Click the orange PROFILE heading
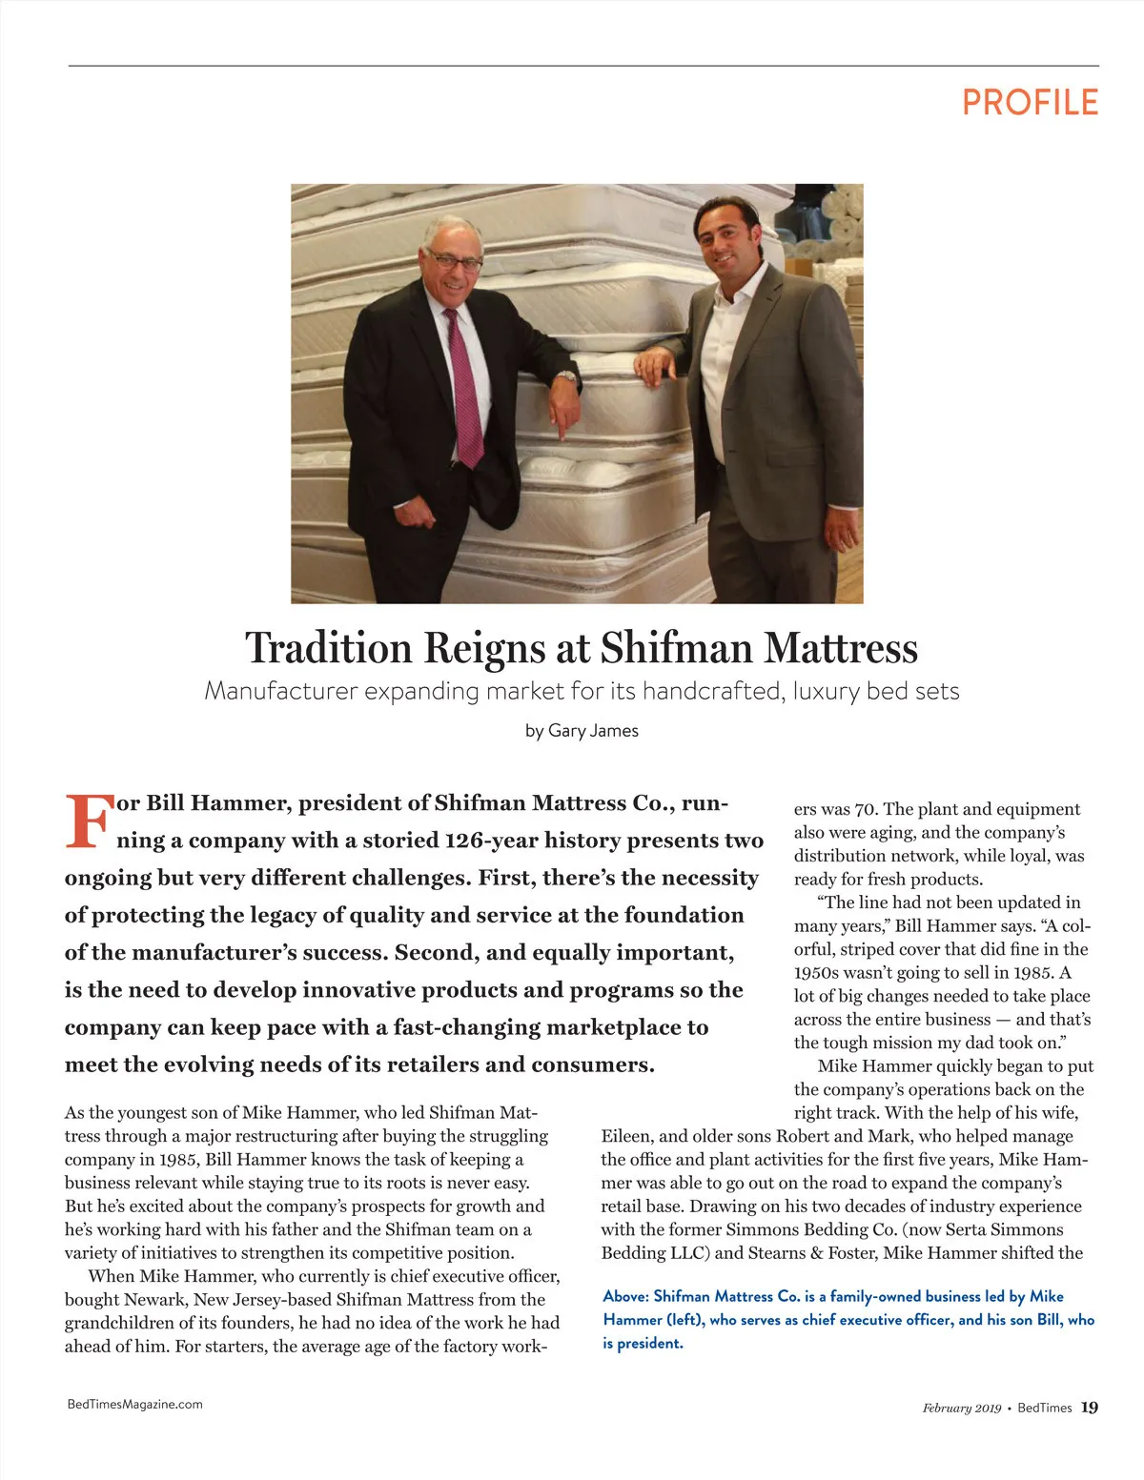tap(1030, 102)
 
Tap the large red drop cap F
tap(87, 821)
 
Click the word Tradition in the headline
tap(328, 648)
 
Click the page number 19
tap(1089, 1408)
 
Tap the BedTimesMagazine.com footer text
tap(134, 1404)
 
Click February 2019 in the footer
tap(961, 1408)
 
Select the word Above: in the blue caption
tap(625, 1296)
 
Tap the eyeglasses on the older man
tap(454, 259)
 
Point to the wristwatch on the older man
tap(567, 376)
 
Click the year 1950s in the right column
tap(816, 972)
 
